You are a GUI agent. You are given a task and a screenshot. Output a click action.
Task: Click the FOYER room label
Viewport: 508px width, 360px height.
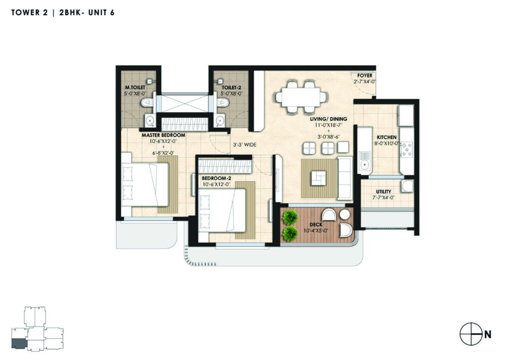tap(365, 75)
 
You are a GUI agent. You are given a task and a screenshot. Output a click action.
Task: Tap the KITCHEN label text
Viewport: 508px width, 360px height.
tap(386, 138)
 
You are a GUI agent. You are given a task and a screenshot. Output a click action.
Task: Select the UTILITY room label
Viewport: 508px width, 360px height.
tap(383, 192)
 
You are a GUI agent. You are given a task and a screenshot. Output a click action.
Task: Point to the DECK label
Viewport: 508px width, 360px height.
tap(316, 224)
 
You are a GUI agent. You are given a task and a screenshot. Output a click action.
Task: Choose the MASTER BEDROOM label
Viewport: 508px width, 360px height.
tap(163, 135)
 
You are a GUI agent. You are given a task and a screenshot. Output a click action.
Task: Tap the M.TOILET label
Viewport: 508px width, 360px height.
tap(135, 87)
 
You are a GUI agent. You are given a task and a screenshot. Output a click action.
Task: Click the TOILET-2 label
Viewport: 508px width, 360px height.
tap(231, 87)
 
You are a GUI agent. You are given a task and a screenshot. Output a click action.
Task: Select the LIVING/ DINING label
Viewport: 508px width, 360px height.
tap(328, 119)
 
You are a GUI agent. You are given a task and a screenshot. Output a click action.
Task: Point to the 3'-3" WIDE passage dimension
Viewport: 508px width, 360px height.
tap(245, 144)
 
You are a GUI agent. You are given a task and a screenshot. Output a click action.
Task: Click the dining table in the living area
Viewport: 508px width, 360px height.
tap(301, 97)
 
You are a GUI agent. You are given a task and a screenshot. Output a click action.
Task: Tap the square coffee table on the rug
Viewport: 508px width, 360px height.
tap(319, 178)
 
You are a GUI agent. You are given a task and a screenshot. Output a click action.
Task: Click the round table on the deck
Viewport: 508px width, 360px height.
tap(344, 214)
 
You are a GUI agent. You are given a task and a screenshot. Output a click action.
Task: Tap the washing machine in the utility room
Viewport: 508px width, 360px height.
tap(407, 187)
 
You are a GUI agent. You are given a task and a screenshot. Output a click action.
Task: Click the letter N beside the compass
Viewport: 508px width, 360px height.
tap(488, 334)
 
